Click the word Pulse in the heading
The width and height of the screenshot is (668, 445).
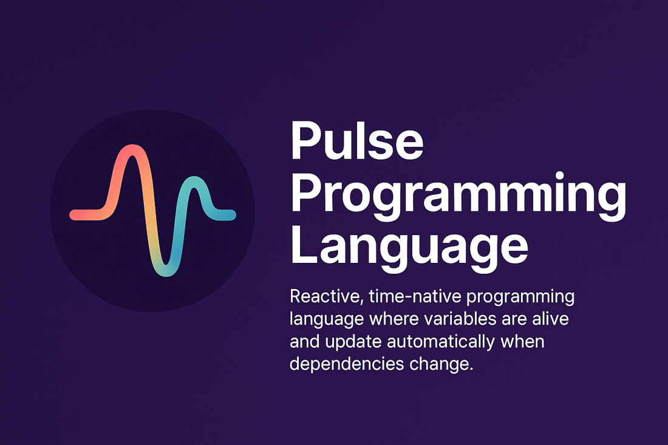click(x=356, y=141)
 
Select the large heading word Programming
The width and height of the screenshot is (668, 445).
click(x=458, y=194)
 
